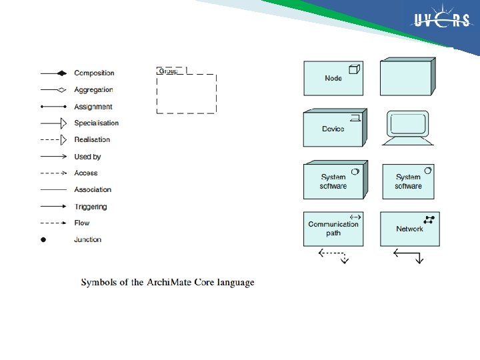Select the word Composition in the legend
pyautogui.click(x=94, y=73)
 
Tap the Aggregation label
pyautogui.click(x=93, y=90)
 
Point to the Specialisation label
pyautogui.click(x=96, y=123)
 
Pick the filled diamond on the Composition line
pyautogui.click(x=61, y=73)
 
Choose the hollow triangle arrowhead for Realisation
pyautogui.click(x=63, y=140)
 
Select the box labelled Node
pyautogui.click(x=333, y=79)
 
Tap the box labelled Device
pyautogui.click(x=333, y=129)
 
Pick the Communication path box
pyautogui.click(x=333, y=229)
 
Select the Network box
pyautogui.click(x=409, y=229)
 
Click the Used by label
pyautogui.click(x=87, y=157)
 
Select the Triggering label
pyautogui.click(x=90, y=207)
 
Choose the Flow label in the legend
pyautogui.click(x=81, y=223)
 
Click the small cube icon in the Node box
pyautogui.click(x=355, y=69)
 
